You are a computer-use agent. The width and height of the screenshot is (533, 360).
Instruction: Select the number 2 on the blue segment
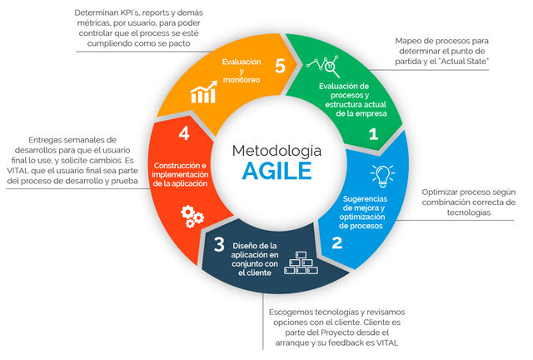[336, 243]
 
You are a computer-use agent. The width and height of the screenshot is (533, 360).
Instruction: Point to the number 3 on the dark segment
[218, 243]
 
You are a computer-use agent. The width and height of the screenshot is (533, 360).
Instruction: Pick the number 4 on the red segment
[183, 133]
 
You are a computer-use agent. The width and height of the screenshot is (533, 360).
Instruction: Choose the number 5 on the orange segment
[280, 65]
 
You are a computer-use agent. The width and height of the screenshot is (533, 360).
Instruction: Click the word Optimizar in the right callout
[443, 192]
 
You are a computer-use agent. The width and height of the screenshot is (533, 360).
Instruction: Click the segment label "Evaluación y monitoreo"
[242, 71]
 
